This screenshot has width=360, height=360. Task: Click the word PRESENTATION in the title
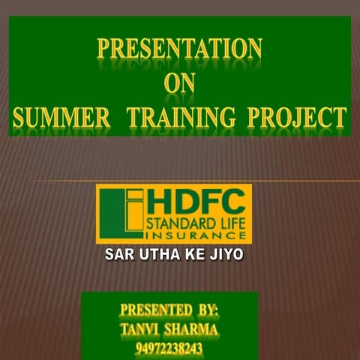[x=181, y=50]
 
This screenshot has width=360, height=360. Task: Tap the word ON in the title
[x=179, y=84]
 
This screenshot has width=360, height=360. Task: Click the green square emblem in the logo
[x=120, y=214]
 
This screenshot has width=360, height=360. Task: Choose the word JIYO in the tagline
[x=225, y=255]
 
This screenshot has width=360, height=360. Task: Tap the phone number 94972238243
[x=169, y=349]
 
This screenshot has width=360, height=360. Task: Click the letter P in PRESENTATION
[x=104, y=50]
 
